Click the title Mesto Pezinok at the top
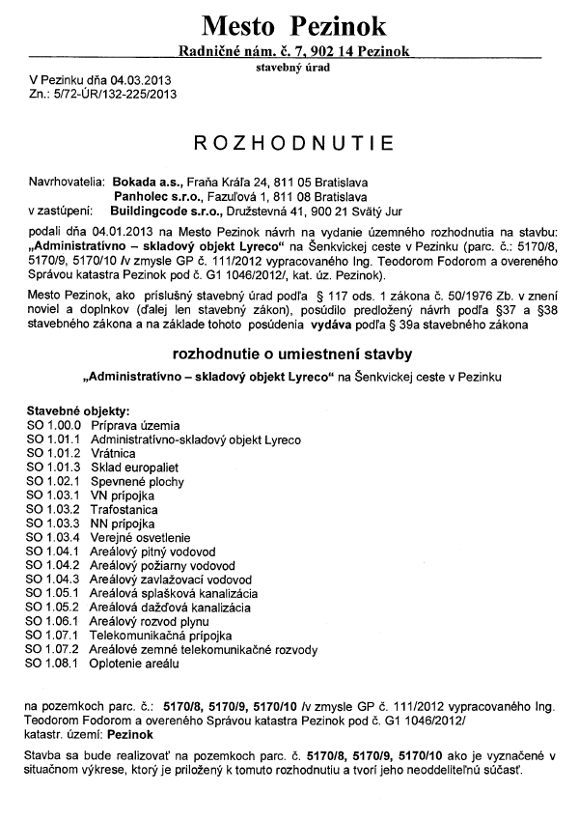[x=294, y=24]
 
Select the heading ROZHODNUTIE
[x=294, y=143]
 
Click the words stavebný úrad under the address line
[x=293, y=69]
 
